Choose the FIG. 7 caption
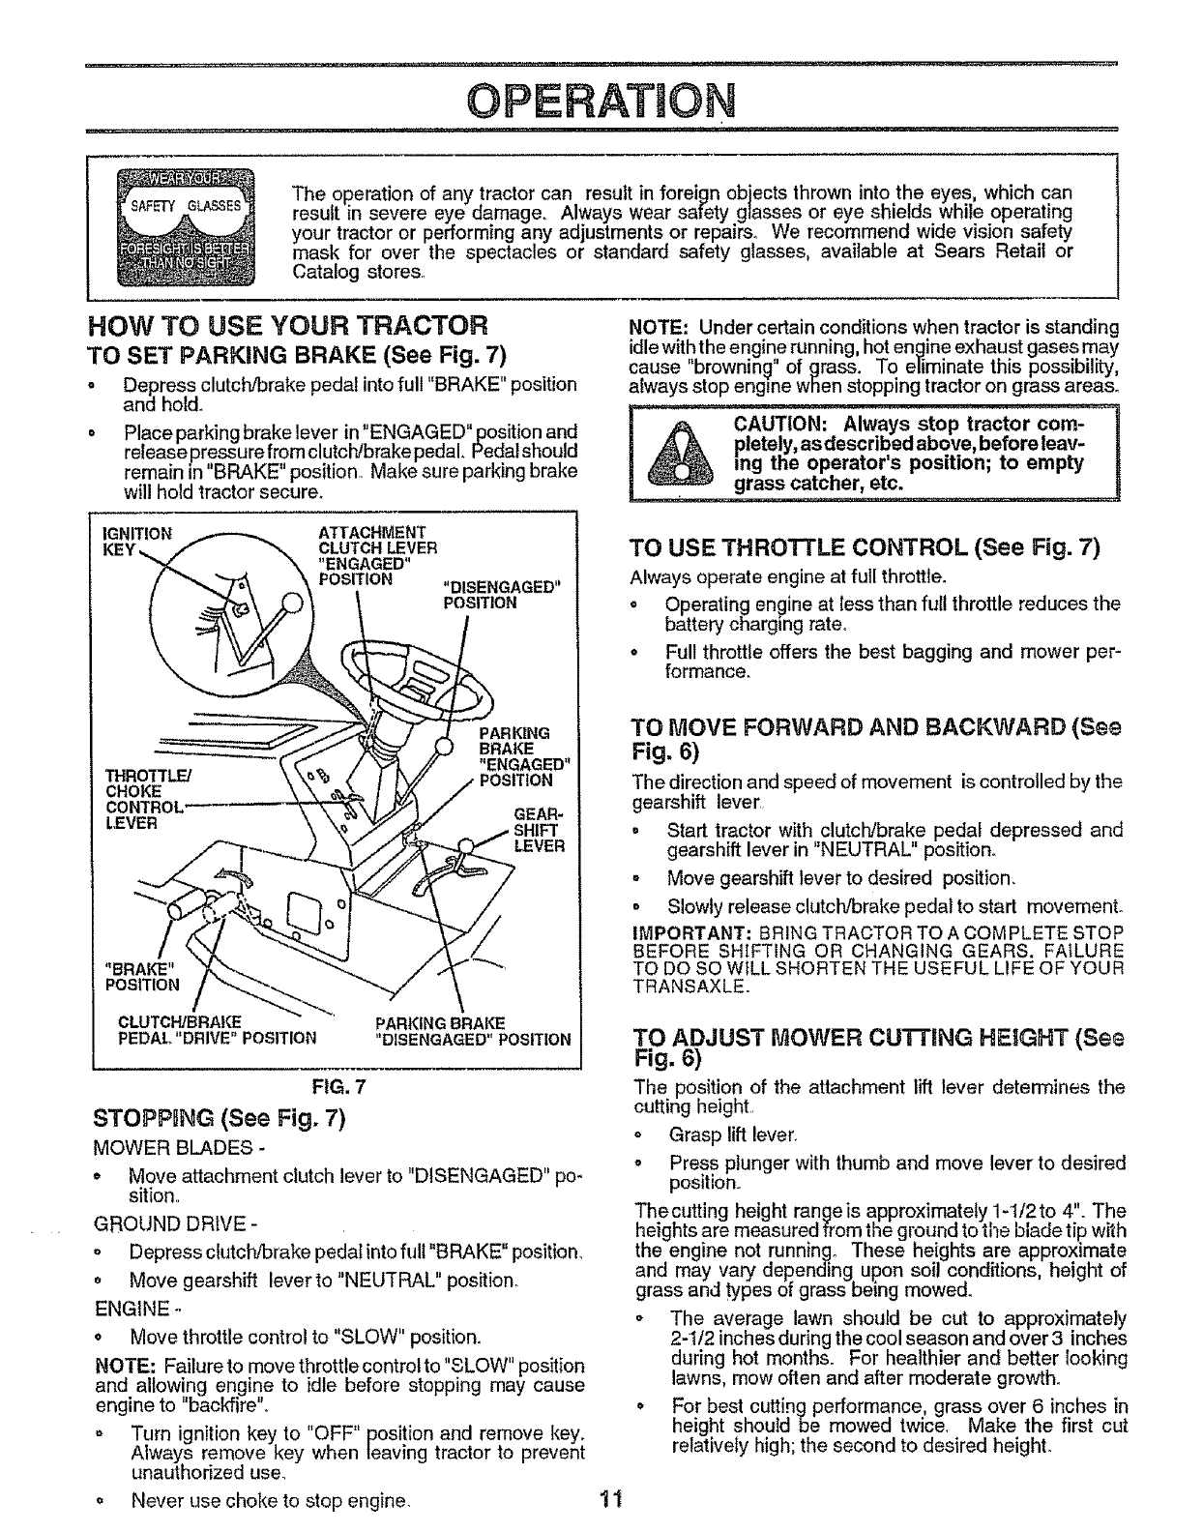pos(337,1084)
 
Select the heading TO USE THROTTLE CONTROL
pos(866,548)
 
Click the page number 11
pos(607,1500)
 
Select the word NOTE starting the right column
pos(656,326)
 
